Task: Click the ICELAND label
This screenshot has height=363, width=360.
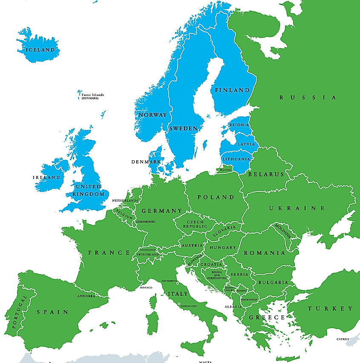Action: [40, 50]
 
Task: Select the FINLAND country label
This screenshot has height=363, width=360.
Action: [232, 90]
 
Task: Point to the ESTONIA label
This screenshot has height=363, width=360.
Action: [239, 125]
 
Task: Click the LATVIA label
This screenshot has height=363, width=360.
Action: [246, 144]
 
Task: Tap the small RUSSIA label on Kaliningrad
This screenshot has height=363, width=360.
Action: [225, 170]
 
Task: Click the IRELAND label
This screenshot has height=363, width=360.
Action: [46, 177]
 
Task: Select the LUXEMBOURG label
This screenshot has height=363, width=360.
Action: [146, 222]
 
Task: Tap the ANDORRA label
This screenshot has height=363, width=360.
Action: [86, 296]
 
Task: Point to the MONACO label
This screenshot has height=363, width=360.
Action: [146, 288]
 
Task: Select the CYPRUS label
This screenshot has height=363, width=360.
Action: [343, 340]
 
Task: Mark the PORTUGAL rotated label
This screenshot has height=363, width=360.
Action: [19, 312]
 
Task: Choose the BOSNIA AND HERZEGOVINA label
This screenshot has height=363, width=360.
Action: [216, 275]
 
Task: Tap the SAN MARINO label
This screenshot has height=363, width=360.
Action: [169, 281]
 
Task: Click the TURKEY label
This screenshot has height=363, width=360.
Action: [330, 308]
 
